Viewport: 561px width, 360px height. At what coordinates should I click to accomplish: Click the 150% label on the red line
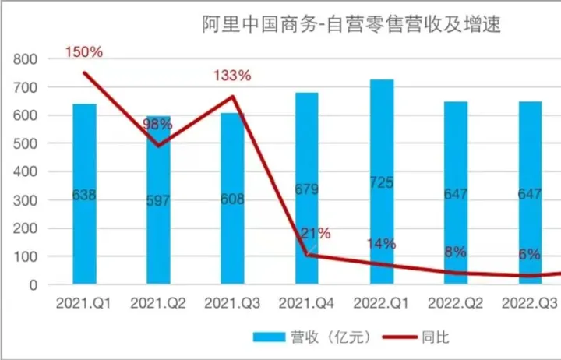[83, 52]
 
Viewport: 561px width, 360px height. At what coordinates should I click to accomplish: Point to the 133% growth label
[232, 76]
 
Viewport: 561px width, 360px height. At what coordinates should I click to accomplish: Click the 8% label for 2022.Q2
[455, 252]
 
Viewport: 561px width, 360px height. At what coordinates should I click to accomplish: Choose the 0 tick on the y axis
[34, 285]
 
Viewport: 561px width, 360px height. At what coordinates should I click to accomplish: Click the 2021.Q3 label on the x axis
[232, 302]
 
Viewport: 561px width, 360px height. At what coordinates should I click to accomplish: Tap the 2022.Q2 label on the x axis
[456, 302]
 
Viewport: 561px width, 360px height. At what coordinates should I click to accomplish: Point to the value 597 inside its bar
[158, 200]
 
